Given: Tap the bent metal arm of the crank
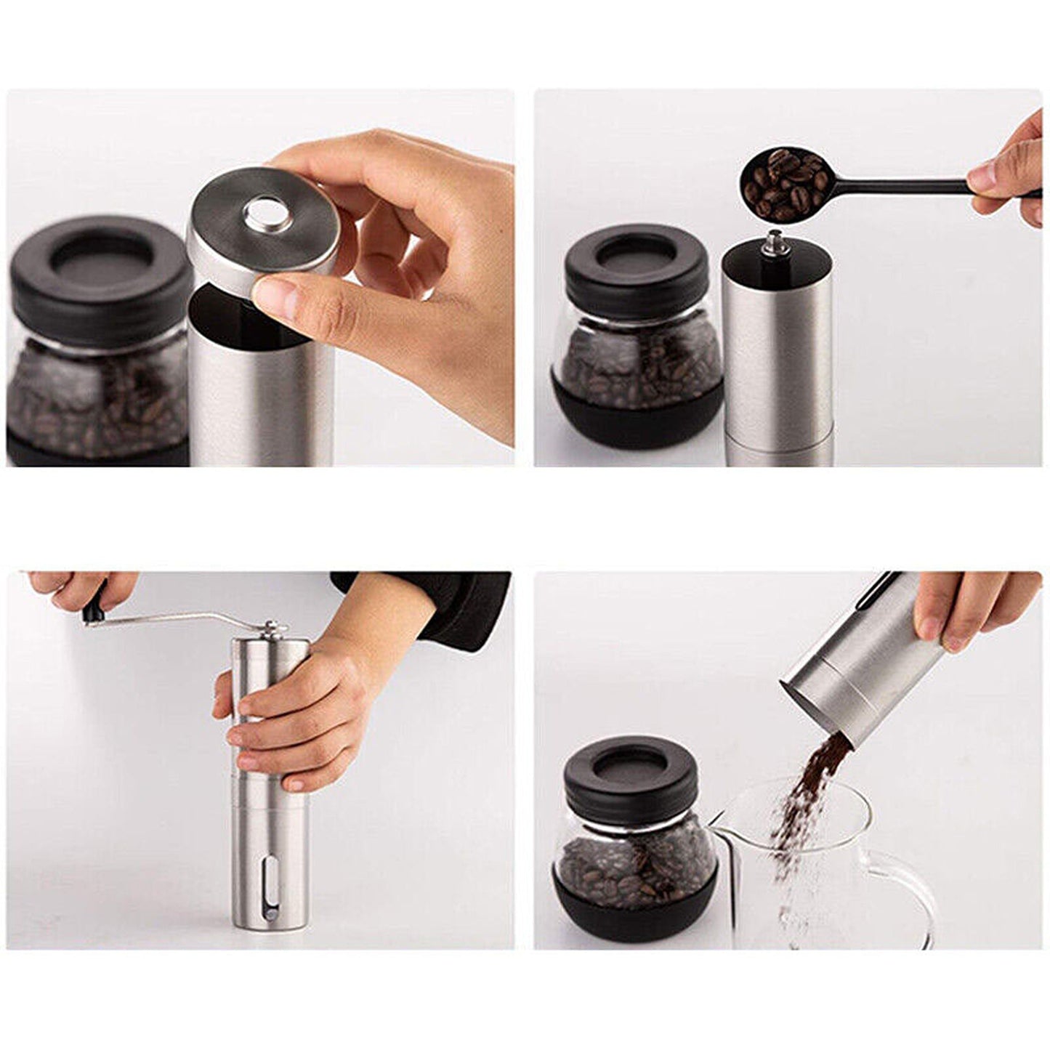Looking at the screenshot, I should [x=182, y=618].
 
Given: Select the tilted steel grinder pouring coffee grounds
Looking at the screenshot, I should [x=850, y=676].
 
